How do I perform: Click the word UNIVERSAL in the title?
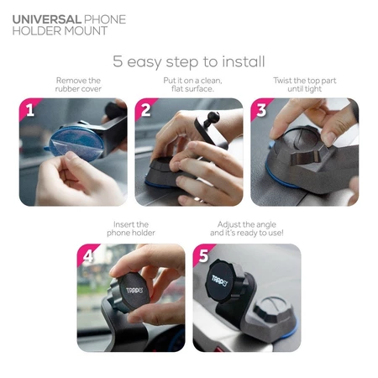(47, 19)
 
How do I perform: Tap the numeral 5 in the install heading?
(118, 61)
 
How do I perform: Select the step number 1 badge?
(30, 110)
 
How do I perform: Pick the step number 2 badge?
(145, 110)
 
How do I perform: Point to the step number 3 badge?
(261, 110)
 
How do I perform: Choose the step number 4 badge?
(88, 256)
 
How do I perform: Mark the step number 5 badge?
(203, 256)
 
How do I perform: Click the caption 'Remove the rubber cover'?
(78, 85)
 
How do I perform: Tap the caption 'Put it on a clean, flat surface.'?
(192, 85)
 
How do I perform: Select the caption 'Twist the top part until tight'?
(305, 85)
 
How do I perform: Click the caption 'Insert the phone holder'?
(131, 228)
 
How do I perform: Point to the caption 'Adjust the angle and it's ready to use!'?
(247, 228)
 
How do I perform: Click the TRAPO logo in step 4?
(134, 290)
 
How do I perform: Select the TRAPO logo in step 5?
(219, 281)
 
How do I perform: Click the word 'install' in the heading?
(244, 61)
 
